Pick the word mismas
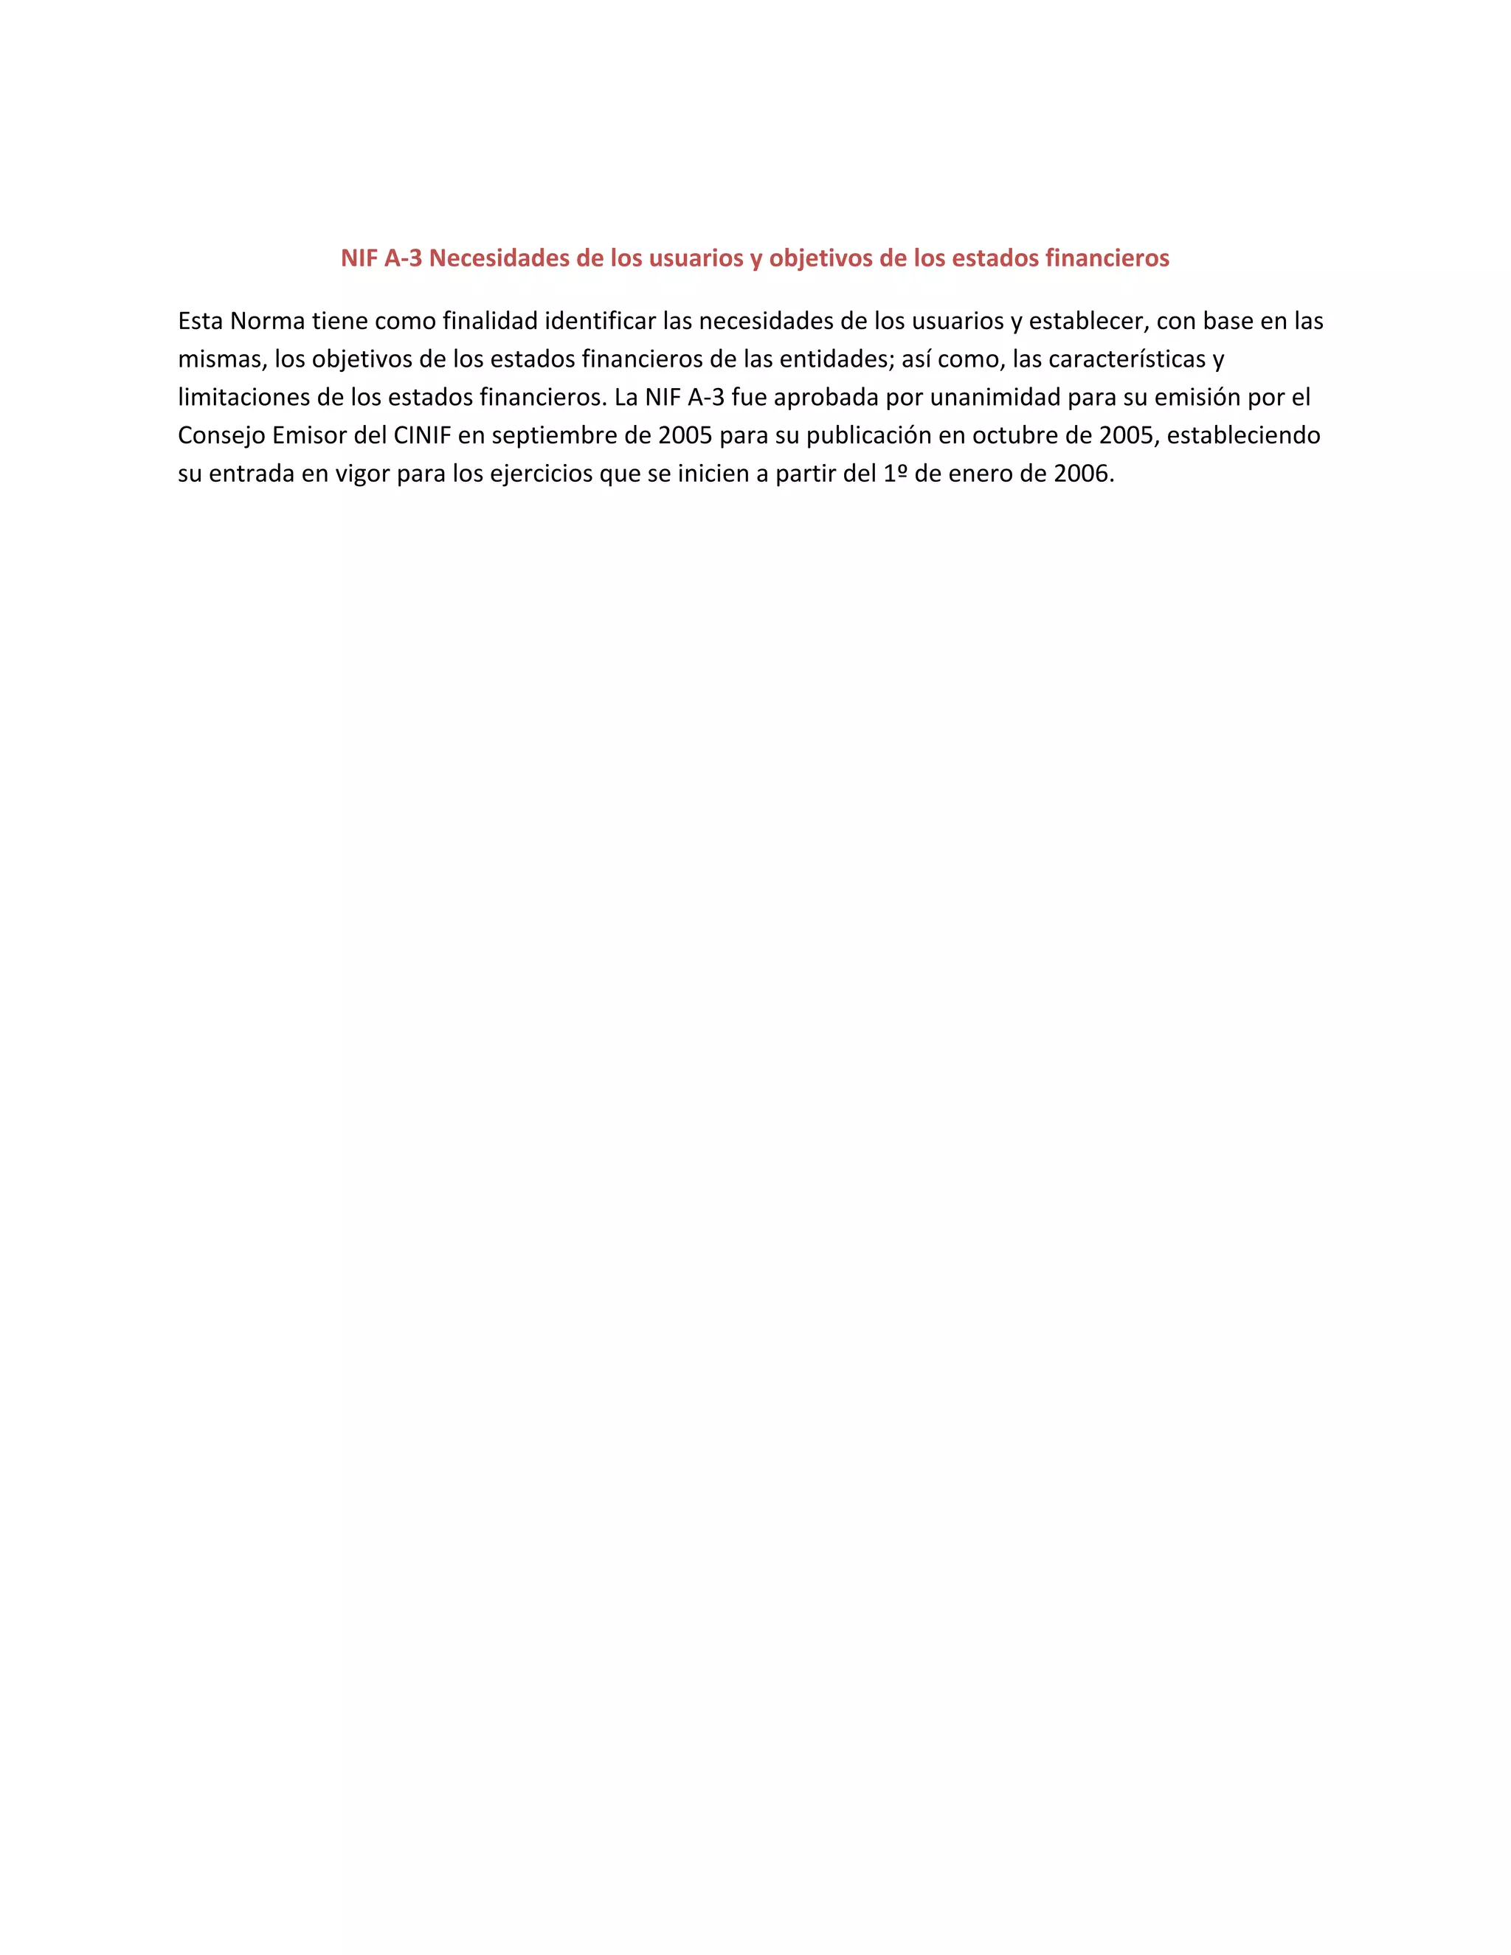(219, 359)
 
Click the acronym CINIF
(421, 435)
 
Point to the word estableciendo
(1243, 435)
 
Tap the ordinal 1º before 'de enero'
(895, 473)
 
